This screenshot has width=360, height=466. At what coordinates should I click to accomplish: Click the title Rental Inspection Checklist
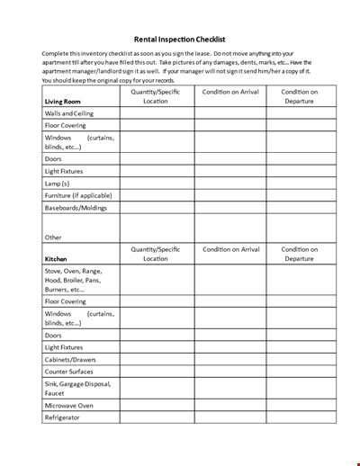(x=180, y=40)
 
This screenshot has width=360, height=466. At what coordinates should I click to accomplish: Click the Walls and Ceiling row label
(x=69, y=114)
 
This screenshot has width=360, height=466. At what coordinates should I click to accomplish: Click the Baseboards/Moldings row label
(x=76, y=208)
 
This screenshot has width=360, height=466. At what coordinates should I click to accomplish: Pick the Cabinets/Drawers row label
(x=70, y=359)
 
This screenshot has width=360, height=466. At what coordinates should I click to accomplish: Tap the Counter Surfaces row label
(x=70, y=372)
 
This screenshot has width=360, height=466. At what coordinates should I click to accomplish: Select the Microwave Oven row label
(x=68, y=406)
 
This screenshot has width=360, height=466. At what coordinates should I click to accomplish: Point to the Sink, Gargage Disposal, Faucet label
(x=77, y=389)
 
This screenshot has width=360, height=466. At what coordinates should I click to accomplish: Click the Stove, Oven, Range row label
(x=73, y=271)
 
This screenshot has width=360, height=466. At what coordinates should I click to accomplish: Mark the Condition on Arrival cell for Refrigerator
(x=229, y=417)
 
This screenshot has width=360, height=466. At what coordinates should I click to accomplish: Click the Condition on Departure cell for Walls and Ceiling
(x=301, y=114)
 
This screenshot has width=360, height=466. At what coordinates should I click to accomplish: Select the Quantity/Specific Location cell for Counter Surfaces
(x=157, y=372)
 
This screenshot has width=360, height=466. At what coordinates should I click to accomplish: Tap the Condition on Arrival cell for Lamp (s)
(x=229, y=183)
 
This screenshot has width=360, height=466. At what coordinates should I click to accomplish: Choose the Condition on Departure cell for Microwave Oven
(x=301, y=406)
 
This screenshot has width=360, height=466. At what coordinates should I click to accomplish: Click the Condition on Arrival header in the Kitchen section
(x=230, y=249)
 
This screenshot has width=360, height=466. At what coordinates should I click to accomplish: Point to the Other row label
(x=53, y=237)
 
